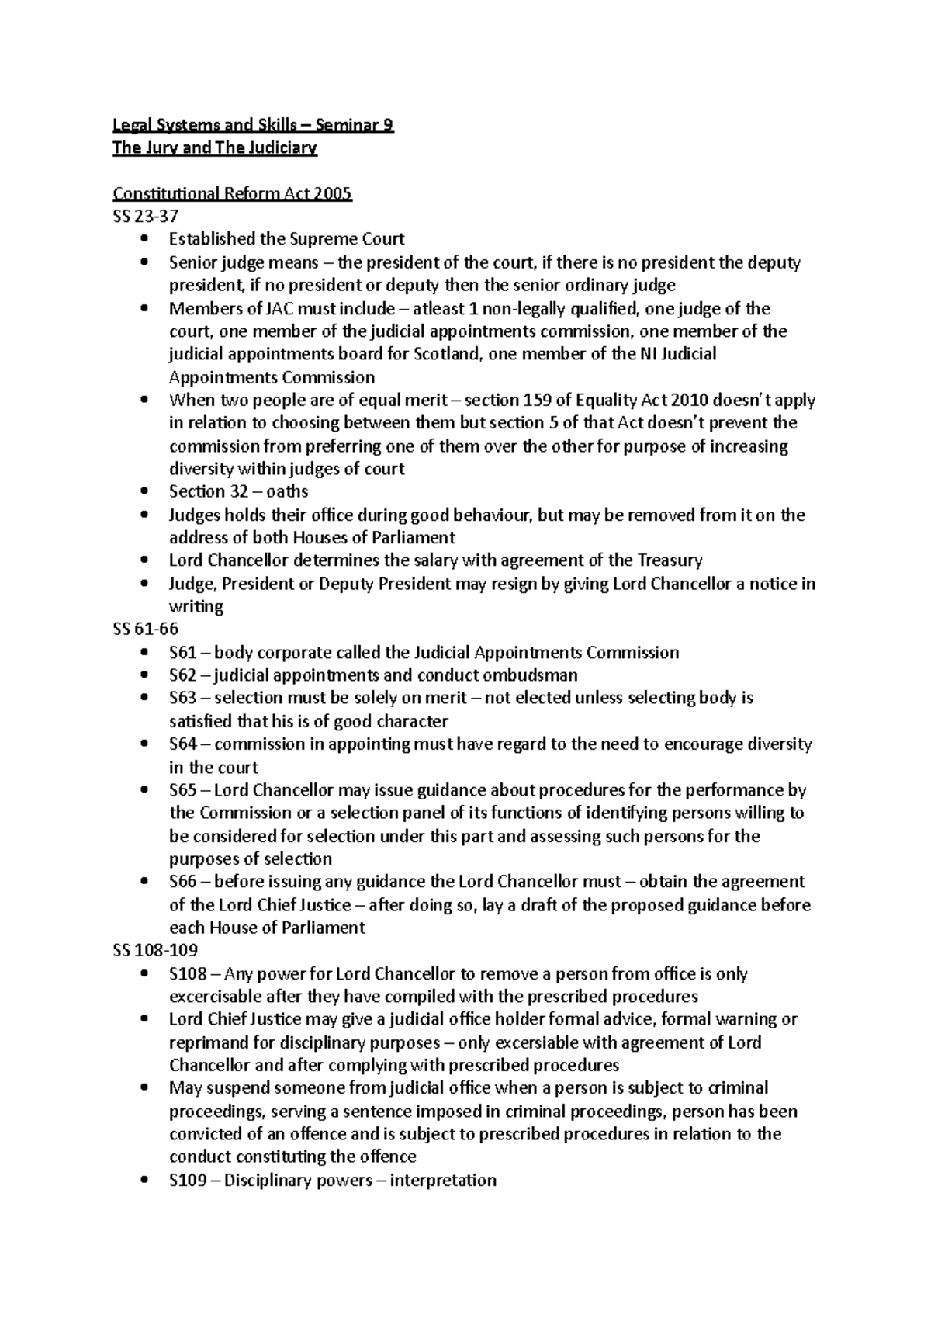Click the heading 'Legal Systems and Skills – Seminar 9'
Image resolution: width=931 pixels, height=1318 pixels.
253,125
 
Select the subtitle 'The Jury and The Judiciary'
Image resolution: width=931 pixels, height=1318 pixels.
215,148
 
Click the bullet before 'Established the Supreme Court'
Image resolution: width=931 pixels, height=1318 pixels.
145,240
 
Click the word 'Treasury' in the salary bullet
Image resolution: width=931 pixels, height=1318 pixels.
670,560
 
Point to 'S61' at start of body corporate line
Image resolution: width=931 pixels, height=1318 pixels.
183,653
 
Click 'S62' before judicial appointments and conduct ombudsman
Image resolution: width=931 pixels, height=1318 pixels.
183,675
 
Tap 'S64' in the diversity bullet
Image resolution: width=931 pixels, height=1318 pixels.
183,744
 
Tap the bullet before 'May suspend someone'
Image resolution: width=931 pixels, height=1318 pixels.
145,1089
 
